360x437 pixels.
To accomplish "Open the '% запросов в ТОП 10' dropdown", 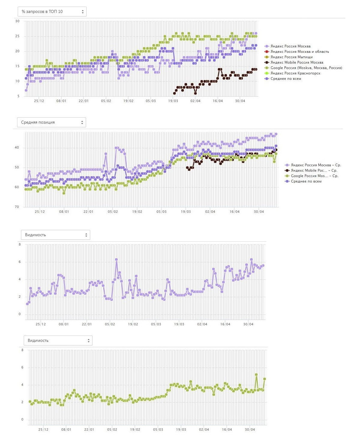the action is tap(52, 11).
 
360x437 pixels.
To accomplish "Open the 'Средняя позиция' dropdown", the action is tap(52, 122).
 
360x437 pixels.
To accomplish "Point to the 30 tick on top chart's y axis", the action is tap(17, 21).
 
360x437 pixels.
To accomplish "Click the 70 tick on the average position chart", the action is tap(17, 207).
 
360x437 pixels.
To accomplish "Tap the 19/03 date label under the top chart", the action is tap(173, 101).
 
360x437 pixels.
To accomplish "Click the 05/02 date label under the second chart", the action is tap(113, 212).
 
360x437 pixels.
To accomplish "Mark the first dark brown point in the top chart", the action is tap(175, 93).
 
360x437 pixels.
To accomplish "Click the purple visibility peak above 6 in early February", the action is tap(116, 260).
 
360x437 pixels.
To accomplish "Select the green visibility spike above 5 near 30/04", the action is tap(256, 375).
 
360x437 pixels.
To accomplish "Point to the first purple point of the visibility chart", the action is tap(27, 304).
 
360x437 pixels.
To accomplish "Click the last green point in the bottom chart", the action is tap(265, 379).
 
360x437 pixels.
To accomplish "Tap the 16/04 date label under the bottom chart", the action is tap(227, 429).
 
